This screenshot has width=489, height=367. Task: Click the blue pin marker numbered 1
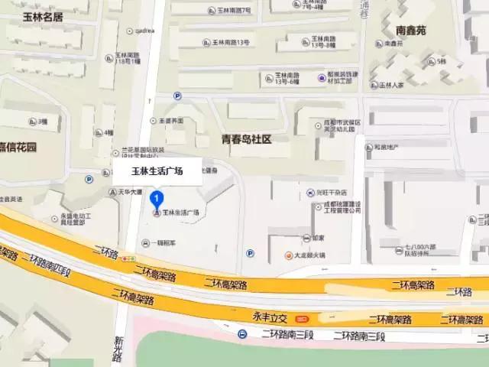(157, 200)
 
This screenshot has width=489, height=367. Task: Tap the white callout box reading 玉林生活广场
(157, 171)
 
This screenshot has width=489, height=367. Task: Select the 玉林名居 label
(41, 16)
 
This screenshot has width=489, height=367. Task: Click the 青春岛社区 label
(246, 139)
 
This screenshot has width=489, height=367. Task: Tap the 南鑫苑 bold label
(411, 31)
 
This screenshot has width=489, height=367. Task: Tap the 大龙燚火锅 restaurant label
(309, 255)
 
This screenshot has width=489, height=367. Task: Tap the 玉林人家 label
(389, 86)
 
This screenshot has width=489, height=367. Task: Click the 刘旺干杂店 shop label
(332, 193)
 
